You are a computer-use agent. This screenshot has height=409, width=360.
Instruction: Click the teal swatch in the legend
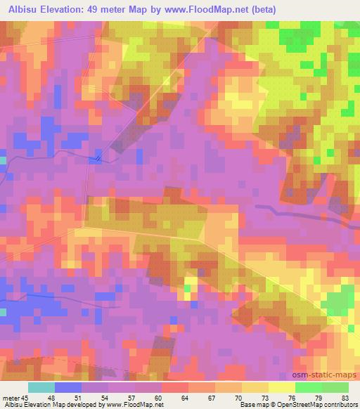[x=41, y=387]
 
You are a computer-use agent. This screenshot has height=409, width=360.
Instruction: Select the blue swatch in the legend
[x=68, y=387]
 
